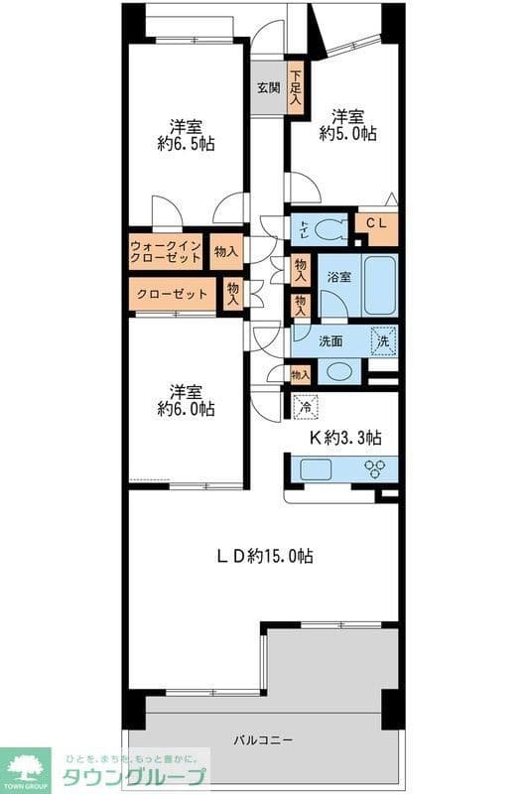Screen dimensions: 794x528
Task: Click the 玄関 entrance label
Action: tap(268, 86)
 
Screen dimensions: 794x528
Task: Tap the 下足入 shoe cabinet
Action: tap(295, 86)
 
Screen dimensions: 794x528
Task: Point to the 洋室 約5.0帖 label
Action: tap(346, 124)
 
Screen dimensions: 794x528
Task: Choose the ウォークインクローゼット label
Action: tap(166, 253)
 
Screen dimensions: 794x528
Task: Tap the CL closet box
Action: tap(376, 225)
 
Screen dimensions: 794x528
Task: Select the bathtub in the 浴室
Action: tap(377, 286)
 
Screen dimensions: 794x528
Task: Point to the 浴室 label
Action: tap(338, 277)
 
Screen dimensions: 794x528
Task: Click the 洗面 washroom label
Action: tap(331, 341)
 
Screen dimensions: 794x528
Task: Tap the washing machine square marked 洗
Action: tap(384, 340)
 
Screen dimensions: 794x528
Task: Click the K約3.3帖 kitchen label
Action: tap(346, 438)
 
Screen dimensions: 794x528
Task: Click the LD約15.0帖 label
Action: tap(265, 557)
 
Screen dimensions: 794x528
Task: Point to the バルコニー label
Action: tap(263, 740)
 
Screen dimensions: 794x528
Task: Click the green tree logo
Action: tap(28, 764)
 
